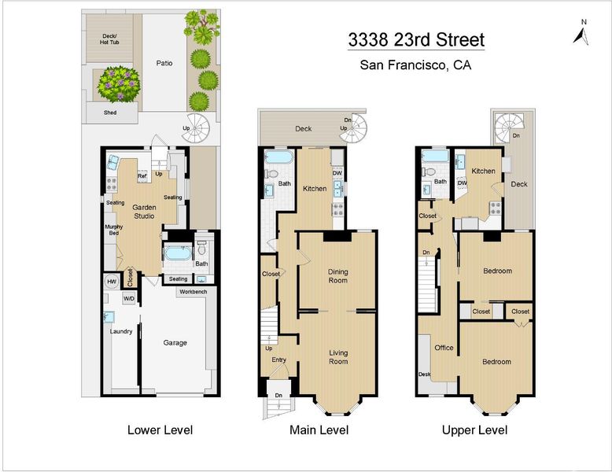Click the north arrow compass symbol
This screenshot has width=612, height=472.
581,34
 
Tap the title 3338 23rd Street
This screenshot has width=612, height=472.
416,40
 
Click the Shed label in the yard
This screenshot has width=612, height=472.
110,112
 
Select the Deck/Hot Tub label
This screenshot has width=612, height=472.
109,39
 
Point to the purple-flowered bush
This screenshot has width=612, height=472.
119,84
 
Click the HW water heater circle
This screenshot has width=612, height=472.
112,282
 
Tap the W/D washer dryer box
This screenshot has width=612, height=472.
129,299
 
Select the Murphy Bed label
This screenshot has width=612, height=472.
113,230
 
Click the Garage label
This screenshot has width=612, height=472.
175,343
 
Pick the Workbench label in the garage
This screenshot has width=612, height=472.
194,292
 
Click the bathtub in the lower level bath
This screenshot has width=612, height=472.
178,253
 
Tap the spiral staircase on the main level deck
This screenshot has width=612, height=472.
353,128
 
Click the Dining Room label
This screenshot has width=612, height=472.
338,276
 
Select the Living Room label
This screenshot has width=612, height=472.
338,357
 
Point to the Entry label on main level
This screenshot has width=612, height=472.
278,360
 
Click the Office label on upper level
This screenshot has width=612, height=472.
444,348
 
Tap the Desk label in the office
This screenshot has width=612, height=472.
424,374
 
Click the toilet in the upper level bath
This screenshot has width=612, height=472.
430,171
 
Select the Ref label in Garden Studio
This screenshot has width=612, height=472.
142,176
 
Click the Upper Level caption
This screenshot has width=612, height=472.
474,430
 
